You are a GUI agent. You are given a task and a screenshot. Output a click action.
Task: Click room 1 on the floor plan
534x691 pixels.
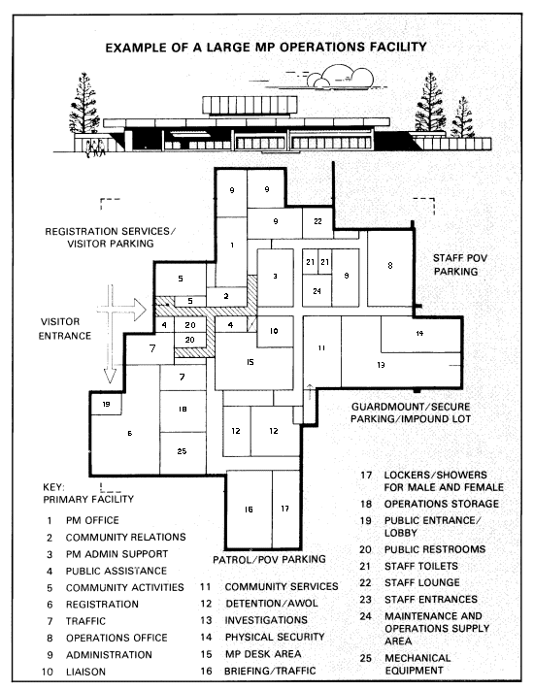pos(232,251)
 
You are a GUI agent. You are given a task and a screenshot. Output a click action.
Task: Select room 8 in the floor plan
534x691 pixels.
pos(389,269)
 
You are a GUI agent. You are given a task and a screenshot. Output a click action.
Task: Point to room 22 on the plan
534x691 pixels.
pos(317,223)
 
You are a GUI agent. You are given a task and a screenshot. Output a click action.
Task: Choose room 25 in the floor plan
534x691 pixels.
pos(183,453)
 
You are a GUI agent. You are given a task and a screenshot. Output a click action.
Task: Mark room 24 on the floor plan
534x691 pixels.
pos(317,290)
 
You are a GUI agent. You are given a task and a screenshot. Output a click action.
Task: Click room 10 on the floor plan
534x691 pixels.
pos(275,331)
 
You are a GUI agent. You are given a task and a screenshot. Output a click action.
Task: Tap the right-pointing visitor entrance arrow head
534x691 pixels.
pos(140,310)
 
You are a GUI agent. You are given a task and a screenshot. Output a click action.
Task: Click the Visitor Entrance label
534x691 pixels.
pos(65,329)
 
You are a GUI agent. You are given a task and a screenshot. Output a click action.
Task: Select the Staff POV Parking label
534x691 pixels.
pos(460,265)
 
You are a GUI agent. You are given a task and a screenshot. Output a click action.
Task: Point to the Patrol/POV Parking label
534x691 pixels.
pos(269,559)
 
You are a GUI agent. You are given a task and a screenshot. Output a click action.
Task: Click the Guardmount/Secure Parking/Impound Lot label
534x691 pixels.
pos(411,412)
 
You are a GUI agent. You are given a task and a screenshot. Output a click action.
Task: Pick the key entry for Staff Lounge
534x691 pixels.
pos(410,582)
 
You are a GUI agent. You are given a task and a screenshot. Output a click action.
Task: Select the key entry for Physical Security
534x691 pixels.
pos(262,638)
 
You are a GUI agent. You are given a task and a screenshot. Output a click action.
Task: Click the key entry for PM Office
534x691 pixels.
pos(83,520)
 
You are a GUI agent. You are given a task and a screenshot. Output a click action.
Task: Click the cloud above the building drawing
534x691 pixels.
pos(341,77)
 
